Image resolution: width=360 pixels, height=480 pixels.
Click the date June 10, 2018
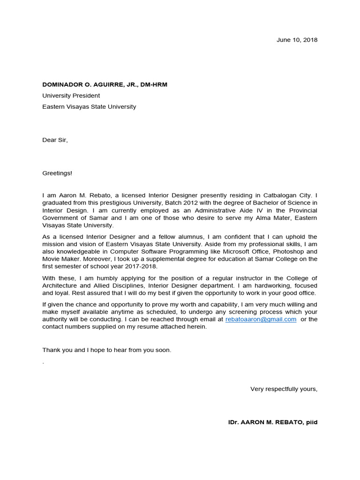pyautogui.click(x=297, y=40)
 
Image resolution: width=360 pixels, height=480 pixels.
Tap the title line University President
pyautogui.click(x=71, y=96)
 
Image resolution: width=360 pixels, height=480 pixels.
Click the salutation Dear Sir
pyautogui.click(x=55, y=140)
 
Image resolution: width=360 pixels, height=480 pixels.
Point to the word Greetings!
pyautogui.click(x=57, y=173)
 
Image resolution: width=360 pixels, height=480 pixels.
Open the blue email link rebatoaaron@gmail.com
pyautogui.click(x=261, y=319)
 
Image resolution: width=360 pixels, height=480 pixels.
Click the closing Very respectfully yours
pyautogui.click(x=284, y=389)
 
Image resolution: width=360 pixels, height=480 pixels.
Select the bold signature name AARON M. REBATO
pyautogui.click(x=272, y=422)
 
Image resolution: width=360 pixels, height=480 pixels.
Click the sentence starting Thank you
pyautogui.click(x=106, y=350)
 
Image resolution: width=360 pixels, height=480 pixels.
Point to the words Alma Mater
pyautogui.click(x=252, y=217)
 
